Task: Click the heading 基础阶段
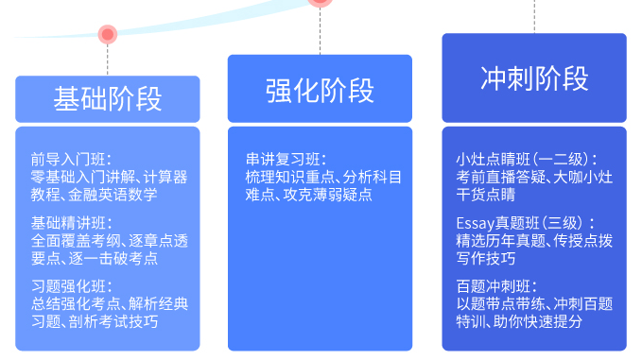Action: (x=107, y=99)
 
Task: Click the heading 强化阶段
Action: (x=320, y=90)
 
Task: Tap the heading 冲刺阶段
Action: (x=534, y=78)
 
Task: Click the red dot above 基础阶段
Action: (x=108, y=35)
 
